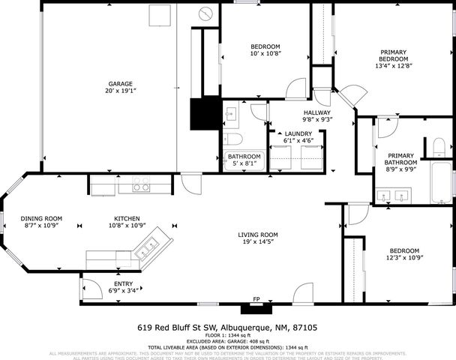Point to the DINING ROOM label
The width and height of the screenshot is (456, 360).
pos(41,218)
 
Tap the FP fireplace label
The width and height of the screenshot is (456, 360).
pos(256,300)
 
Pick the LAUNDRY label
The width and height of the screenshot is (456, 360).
pos(298,133)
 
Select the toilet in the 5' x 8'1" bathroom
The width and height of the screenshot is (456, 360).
pos(233,140)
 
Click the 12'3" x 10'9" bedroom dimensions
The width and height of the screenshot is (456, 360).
pos(403,258)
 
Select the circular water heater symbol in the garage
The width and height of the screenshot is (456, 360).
pos(205,15)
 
